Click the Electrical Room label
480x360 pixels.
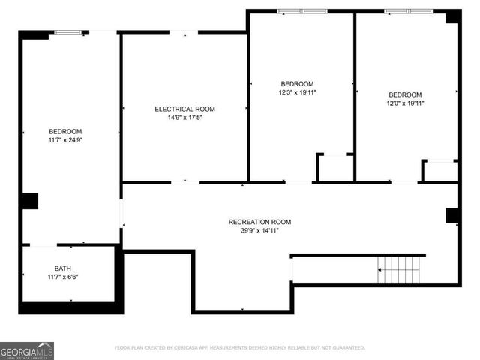pos(184,109)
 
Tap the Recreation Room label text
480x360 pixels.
pos(259,222)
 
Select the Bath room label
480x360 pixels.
pos(63,268)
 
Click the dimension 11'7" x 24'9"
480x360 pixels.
pos(65,140)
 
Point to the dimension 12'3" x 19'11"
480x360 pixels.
pos(297,92)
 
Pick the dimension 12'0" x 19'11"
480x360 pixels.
pos(406,103)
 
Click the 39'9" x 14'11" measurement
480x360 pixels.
pos(259,231)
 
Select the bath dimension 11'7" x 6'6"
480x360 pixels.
pos(63,277)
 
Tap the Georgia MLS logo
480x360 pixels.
pos(27,350)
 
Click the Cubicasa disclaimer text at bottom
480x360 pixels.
pos(239,348)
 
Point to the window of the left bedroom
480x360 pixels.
pos(68,32)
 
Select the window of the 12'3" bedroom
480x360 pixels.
pos(301,11)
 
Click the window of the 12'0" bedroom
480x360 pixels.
pos(409,11)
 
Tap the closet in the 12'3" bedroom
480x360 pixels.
pos(335,168)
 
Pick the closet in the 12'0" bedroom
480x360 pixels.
pos(440,171)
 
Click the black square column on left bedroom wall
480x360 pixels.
pos(29,201)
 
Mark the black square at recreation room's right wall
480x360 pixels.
pos(452,216)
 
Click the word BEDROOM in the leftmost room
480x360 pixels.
pos(65,131)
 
